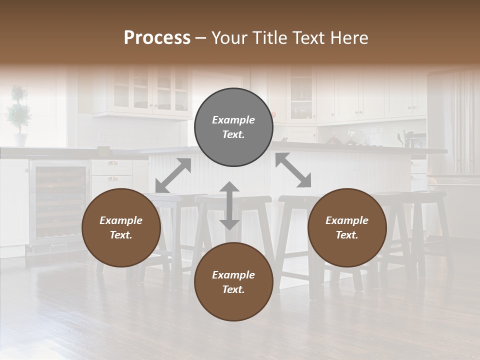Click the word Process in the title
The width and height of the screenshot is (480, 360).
point(157,38)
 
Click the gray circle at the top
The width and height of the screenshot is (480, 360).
point(233,127)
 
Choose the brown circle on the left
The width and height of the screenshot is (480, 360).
point(121,228)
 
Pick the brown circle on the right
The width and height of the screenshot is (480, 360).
point(347,228)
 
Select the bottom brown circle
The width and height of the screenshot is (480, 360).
point(233,282)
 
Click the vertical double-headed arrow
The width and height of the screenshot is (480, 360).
point(229,205)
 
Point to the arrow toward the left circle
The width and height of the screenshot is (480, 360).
point(173,175)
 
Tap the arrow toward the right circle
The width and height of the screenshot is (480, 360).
point(293,170)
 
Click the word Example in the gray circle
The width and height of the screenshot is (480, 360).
point(233,120)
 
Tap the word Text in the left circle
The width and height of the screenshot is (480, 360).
point(121,235)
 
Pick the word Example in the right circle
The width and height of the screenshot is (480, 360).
point(347,220)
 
